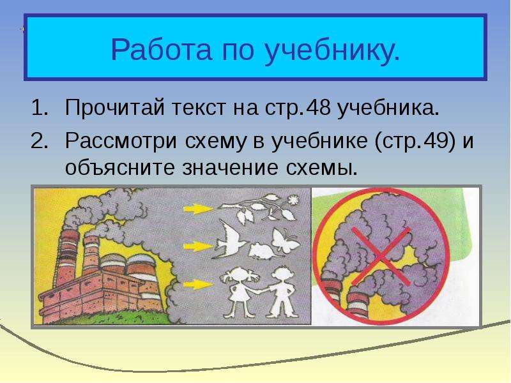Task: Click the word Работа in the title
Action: [162, 49]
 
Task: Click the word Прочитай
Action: [115, 108]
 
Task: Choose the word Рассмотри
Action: [121, 142]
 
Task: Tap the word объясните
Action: [119, 168]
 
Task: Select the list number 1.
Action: [40, 107]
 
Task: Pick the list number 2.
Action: [39, 140]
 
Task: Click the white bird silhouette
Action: [231, 240]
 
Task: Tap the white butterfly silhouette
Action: [285, 241]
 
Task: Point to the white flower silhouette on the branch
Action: [293, 199]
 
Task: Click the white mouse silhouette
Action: [261, 251]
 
